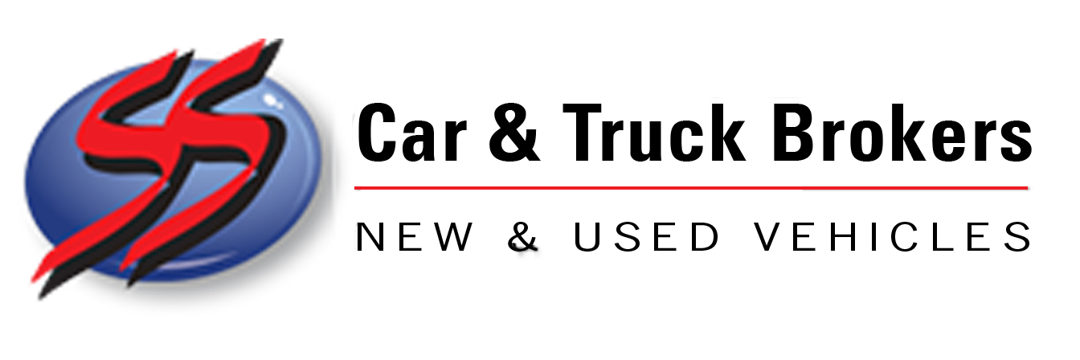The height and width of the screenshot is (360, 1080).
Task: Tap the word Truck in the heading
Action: (654, 132)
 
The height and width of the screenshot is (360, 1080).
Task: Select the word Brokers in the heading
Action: (901, 132)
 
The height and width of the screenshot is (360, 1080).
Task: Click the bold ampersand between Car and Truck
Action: (514, 133)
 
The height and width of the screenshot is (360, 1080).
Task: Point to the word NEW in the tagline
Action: (415, 236)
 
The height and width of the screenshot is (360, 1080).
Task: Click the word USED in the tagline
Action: (647, 236)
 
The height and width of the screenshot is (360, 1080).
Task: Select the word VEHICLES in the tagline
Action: (893, 236)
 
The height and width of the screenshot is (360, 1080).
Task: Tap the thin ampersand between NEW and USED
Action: (523, 236)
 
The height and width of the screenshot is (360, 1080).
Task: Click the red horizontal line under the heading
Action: (691, 188)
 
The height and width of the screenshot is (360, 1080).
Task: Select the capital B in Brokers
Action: (794, 132)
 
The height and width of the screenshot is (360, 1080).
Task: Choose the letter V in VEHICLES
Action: (769, 236)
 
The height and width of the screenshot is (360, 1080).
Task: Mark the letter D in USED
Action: (706, 236)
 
